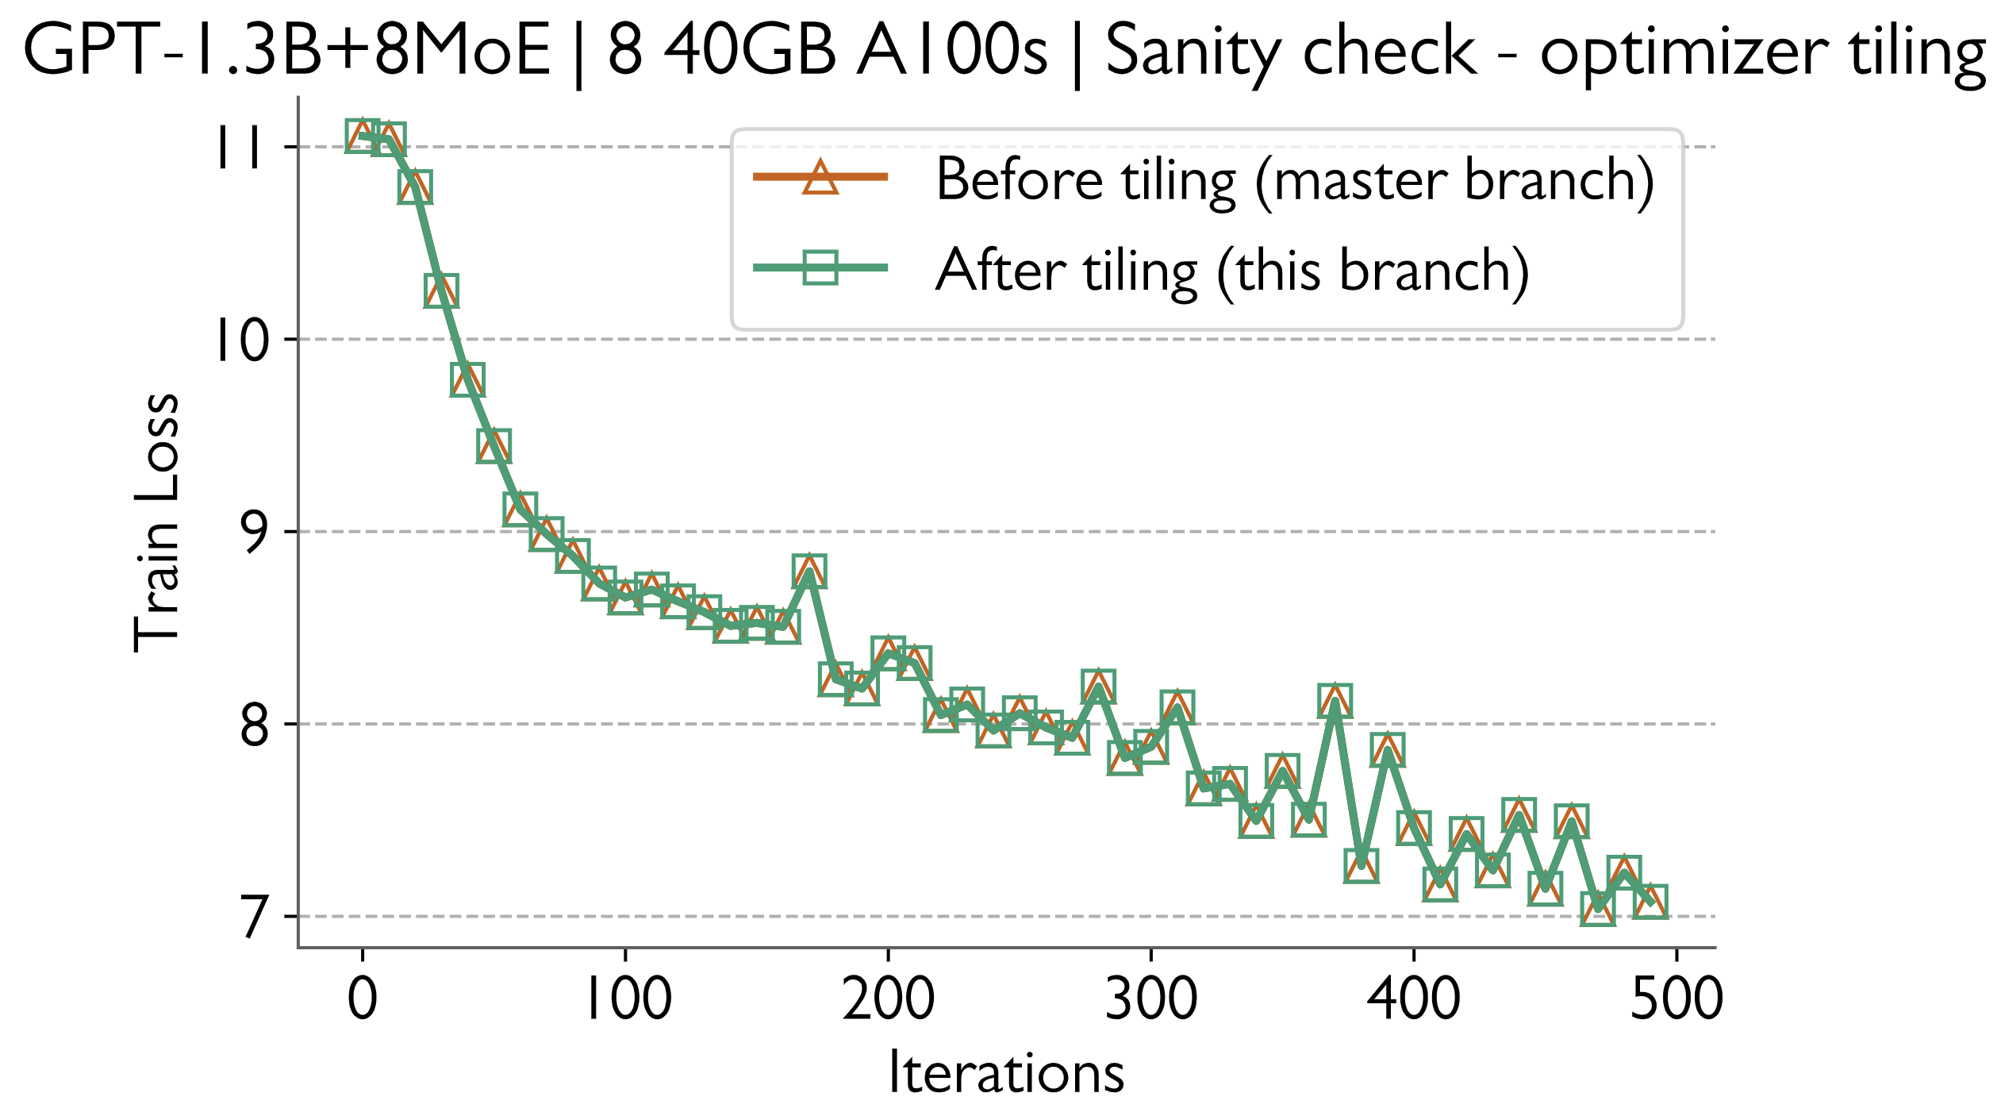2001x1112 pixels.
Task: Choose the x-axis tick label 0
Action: [363, 998]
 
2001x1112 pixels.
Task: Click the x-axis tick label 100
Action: [627, 998]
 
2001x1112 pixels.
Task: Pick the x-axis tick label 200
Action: [889, 998]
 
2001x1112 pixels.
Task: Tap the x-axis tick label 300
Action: [1151, 998]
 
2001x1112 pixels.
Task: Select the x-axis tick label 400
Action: [1414, 998]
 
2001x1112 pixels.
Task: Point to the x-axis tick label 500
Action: [1676, 998]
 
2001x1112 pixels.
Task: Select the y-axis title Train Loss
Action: [157, 524]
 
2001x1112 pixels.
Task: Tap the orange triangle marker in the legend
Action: [820, 177]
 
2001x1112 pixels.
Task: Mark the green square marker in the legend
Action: [820, 267]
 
